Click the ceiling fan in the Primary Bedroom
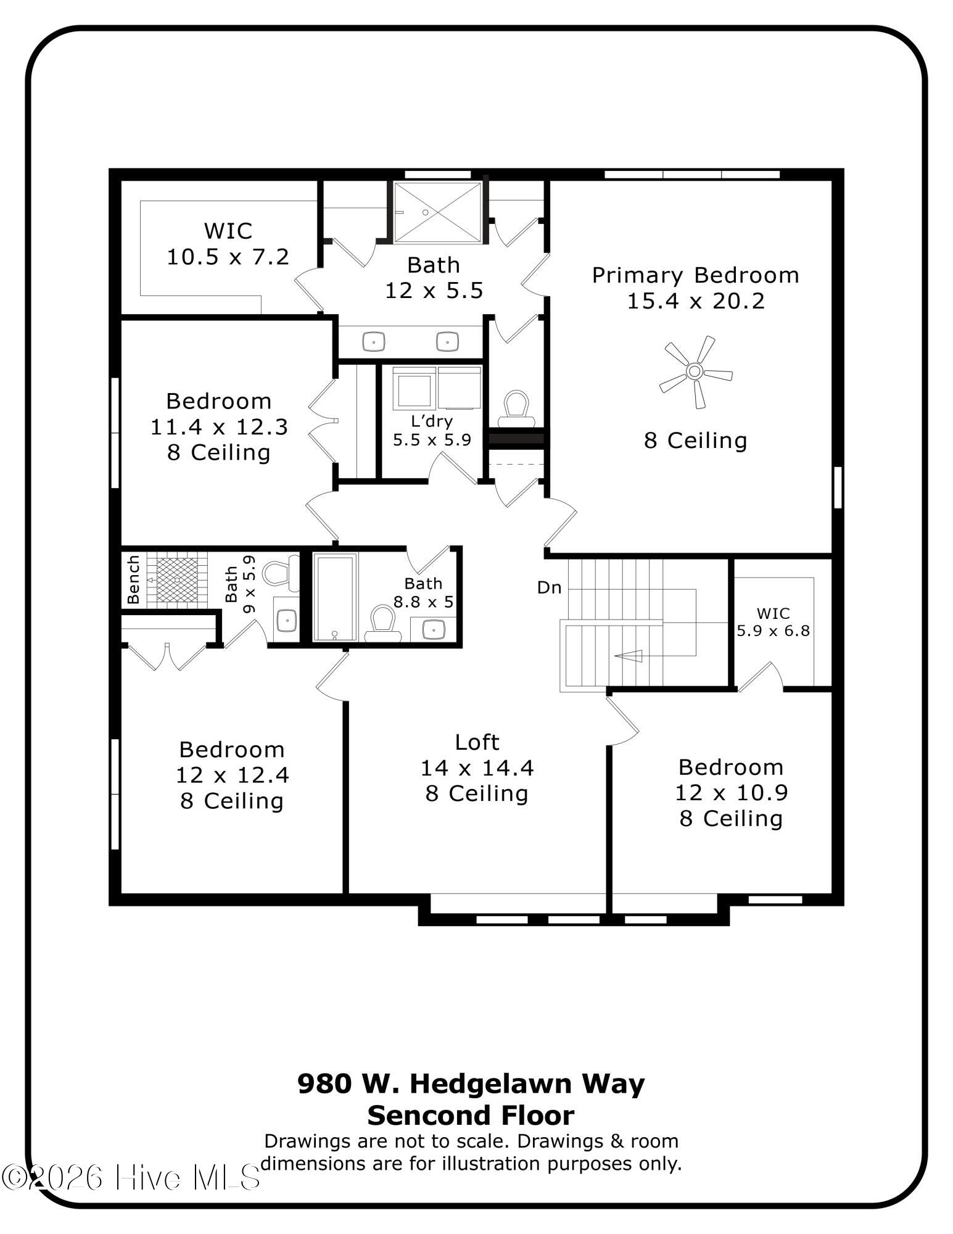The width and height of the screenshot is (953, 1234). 695,371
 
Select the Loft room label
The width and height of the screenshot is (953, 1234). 477,742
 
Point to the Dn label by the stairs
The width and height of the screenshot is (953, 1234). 549,587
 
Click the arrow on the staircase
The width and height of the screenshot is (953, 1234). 627,656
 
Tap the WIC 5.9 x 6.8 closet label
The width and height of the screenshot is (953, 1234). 773,622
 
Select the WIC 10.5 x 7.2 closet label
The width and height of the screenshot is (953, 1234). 228,244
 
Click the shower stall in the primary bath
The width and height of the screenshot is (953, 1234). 437,212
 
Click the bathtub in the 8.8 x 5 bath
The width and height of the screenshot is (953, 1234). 335,597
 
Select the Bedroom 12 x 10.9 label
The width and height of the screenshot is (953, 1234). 731,792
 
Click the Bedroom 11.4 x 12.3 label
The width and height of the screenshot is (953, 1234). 219,426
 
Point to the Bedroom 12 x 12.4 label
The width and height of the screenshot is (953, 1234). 232,775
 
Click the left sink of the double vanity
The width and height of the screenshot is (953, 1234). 373,341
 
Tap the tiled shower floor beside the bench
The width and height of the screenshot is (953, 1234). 178,579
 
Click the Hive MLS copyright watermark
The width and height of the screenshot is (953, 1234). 131,1178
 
